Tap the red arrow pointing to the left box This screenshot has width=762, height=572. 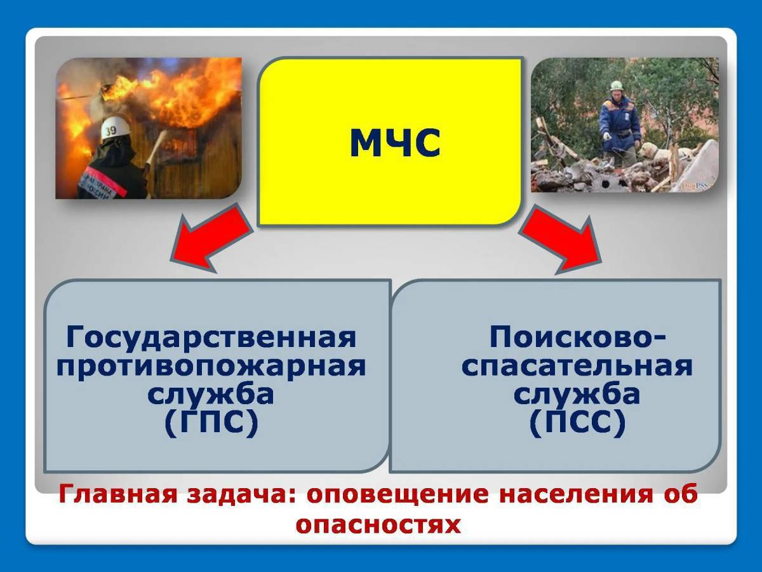coord(210,239)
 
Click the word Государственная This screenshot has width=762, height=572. coord(211,337)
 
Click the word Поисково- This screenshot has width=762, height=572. coord(578,337)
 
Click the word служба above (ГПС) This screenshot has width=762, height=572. coord(211,395)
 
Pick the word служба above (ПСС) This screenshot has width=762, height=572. coord(577,395)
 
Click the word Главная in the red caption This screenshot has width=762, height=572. coord(118,495)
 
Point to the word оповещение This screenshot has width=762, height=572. coord(398,495)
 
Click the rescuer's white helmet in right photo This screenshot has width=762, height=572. coord(616,85)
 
